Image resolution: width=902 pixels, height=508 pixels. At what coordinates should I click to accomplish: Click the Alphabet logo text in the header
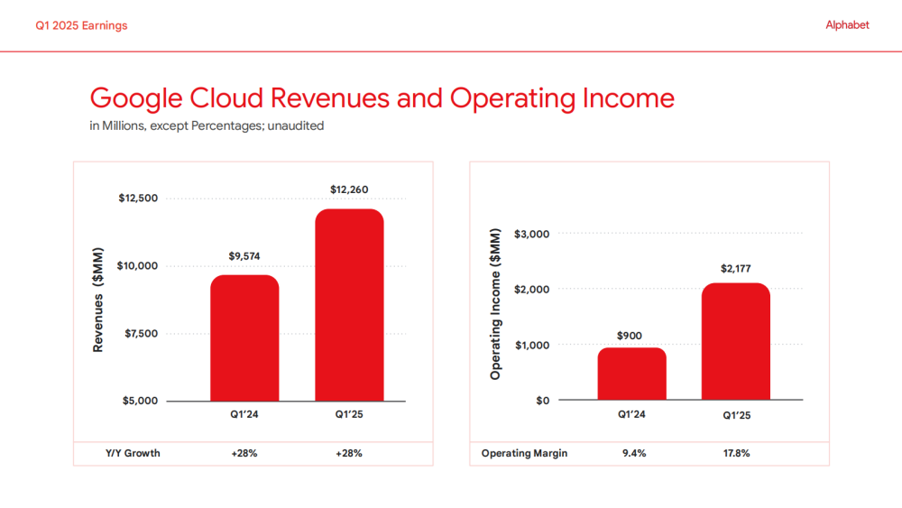[847, 25]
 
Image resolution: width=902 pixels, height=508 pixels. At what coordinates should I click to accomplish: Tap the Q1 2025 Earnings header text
[81, 25]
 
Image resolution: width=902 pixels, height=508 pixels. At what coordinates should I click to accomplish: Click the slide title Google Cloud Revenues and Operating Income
[382, 97]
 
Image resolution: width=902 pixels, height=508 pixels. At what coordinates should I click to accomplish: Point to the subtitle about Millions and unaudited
[207, 125]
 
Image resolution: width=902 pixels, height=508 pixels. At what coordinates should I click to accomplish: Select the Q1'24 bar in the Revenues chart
[244, 338]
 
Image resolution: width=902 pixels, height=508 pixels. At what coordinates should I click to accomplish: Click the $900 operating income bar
[631, 374]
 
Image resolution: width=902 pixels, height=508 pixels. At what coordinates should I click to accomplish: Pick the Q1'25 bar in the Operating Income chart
[736, 342]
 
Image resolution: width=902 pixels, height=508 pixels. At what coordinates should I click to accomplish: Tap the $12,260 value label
[349, 189]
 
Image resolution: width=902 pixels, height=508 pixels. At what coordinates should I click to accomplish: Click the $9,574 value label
[244, 256]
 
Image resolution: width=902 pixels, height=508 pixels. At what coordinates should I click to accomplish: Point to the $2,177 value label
[736, 268]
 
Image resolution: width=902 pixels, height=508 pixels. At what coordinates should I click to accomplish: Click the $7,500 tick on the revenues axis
[138, 334]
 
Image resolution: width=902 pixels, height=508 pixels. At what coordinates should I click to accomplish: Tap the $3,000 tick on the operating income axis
[531, 235]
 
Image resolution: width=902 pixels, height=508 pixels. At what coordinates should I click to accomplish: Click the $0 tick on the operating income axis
[542, 401]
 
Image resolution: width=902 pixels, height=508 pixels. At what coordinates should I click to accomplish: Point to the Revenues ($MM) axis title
[98, 300]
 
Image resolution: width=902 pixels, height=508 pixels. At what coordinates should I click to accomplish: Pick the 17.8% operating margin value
[736, 453]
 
